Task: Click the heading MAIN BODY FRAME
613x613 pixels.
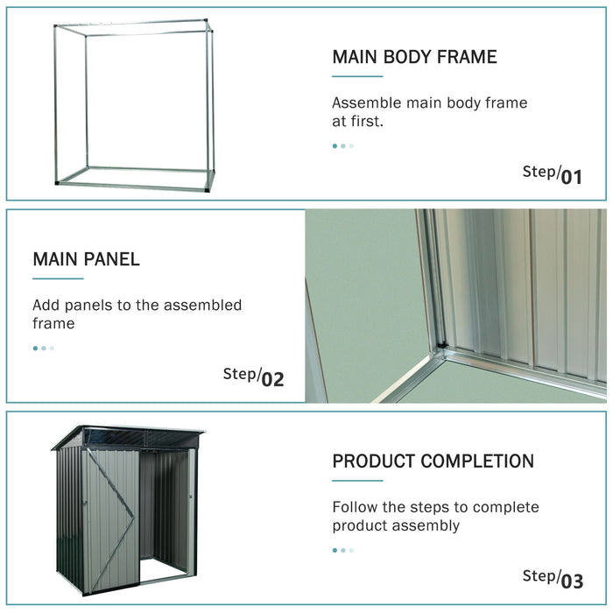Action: coord(414,58)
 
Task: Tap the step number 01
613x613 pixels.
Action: coord(571,177)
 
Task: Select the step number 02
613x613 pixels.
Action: coord(272,379)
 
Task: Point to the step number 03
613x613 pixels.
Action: coord(572,580)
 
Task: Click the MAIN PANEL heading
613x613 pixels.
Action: coord(86,259)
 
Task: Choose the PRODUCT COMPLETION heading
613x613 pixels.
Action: coord(433,462)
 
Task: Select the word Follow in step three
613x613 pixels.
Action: coord(355,507)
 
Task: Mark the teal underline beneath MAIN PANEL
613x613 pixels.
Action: coord(58,279)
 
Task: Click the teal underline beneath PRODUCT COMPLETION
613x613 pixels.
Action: coord(357,481)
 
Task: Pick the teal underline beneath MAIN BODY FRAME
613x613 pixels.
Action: coord(357,77)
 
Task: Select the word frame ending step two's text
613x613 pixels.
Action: coord(53,324)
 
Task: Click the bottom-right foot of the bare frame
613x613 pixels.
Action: coord(210,186)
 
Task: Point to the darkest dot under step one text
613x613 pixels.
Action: coord(335,146)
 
